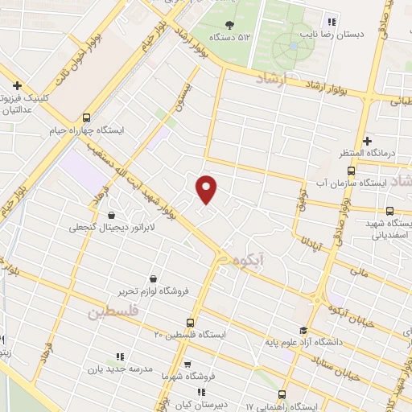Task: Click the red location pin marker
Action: [208, 188]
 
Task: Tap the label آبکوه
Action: [249, 261]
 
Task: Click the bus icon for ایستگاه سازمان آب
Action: [350, 171]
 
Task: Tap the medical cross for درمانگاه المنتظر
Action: [367, 141]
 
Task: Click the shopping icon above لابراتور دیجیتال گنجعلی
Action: [111, 215]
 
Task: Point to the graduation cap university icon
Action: [303, 330]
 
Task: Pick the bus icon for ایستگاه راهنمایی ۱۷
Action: [281, 394]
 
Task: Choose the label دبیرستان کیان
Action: [212, 395]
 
